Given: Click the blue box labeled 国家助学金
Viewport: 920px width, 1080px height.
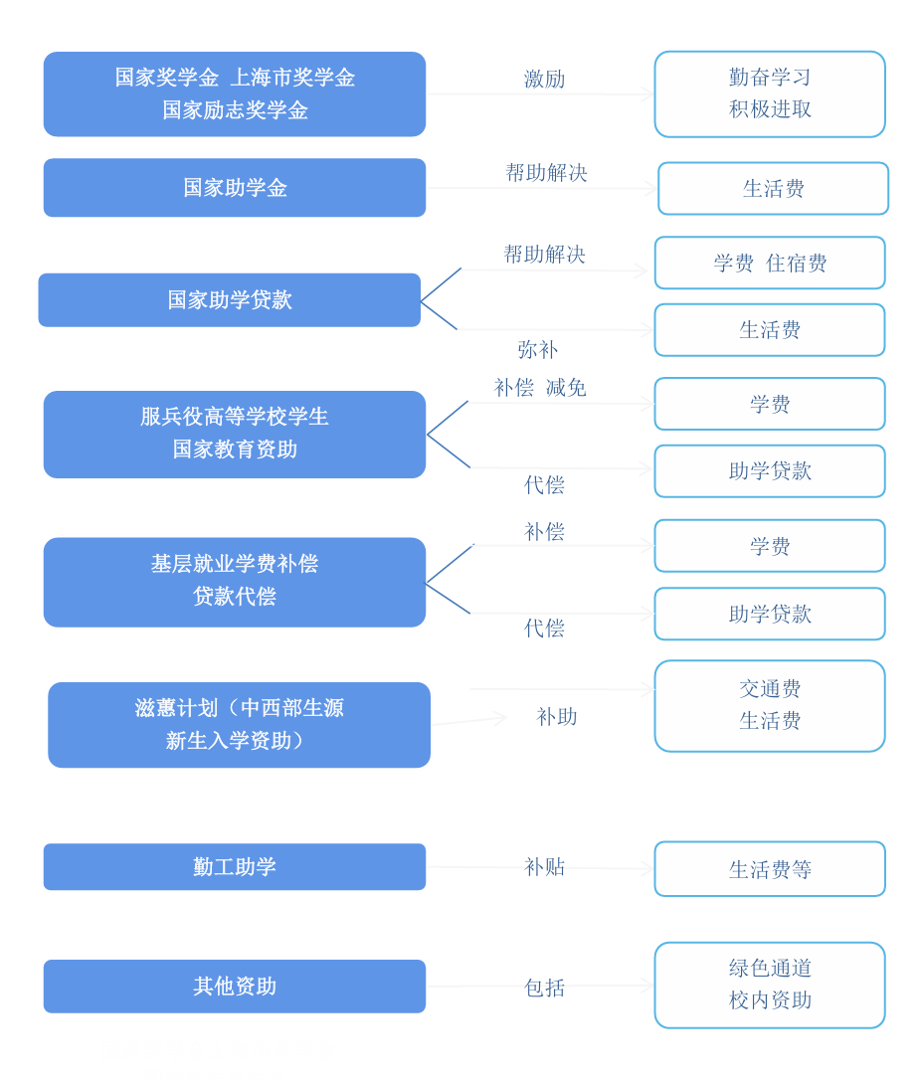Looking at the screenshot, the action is [234, 187].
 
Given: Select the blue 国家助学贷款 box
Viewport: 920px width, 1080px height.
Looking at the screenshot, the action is [230, 299].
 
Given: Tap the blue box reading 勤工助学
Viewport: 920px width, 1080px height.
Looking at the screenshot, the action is [234, 866].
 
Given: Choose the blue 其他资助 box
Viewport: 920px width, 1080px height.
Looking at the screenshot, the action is [234, 986].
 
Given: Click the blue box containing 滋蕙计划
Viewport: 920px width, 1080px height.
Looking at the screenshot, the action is [239, 725].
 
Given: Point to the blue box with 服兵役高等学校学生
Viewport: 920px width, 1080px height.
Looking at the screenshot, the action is [234, 434].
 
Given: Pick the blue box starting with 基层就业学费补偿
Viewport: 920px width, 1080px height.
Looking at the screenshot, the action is [234, 582].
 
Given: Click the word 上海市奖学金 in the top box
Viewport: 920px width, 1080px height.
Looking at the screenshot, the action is [292, 78].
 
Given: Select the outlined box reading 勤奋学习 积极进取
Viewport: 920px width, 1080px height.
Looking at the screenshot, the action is [770, 93].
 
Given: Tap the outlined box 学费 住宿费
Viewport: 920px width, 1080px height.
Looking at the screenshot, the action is [770, 263].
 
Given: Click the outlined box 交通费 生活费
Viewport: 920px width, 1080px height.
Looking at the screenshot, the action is [770, 706].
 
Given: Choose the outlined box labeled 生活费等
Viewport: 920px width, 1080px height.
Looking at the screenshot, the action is [770, 868].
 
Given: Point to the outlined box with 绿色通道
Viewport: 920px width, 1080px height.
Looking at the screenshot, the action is [770, 985].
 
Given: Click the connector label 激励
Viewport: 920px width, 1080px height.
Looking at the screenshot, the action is [544, 80].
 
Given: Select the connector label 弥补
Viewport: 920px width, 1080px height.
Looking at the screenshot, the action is [538, 350].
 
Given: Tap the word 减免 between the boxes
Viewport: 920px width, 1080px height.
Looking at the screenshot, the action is [566, 388].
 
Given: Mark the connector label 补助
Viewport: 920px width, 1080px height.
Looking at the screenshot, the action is [556, 717].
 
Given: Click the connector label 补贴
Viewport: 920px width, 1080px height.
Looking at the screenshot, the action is [544, 866].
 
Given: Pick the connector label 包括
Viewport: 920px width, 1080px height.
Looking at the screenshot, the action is [544, 988].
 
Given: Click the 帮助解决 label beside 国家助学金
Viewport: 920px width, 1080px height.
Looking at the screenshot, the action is [546, 172].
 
